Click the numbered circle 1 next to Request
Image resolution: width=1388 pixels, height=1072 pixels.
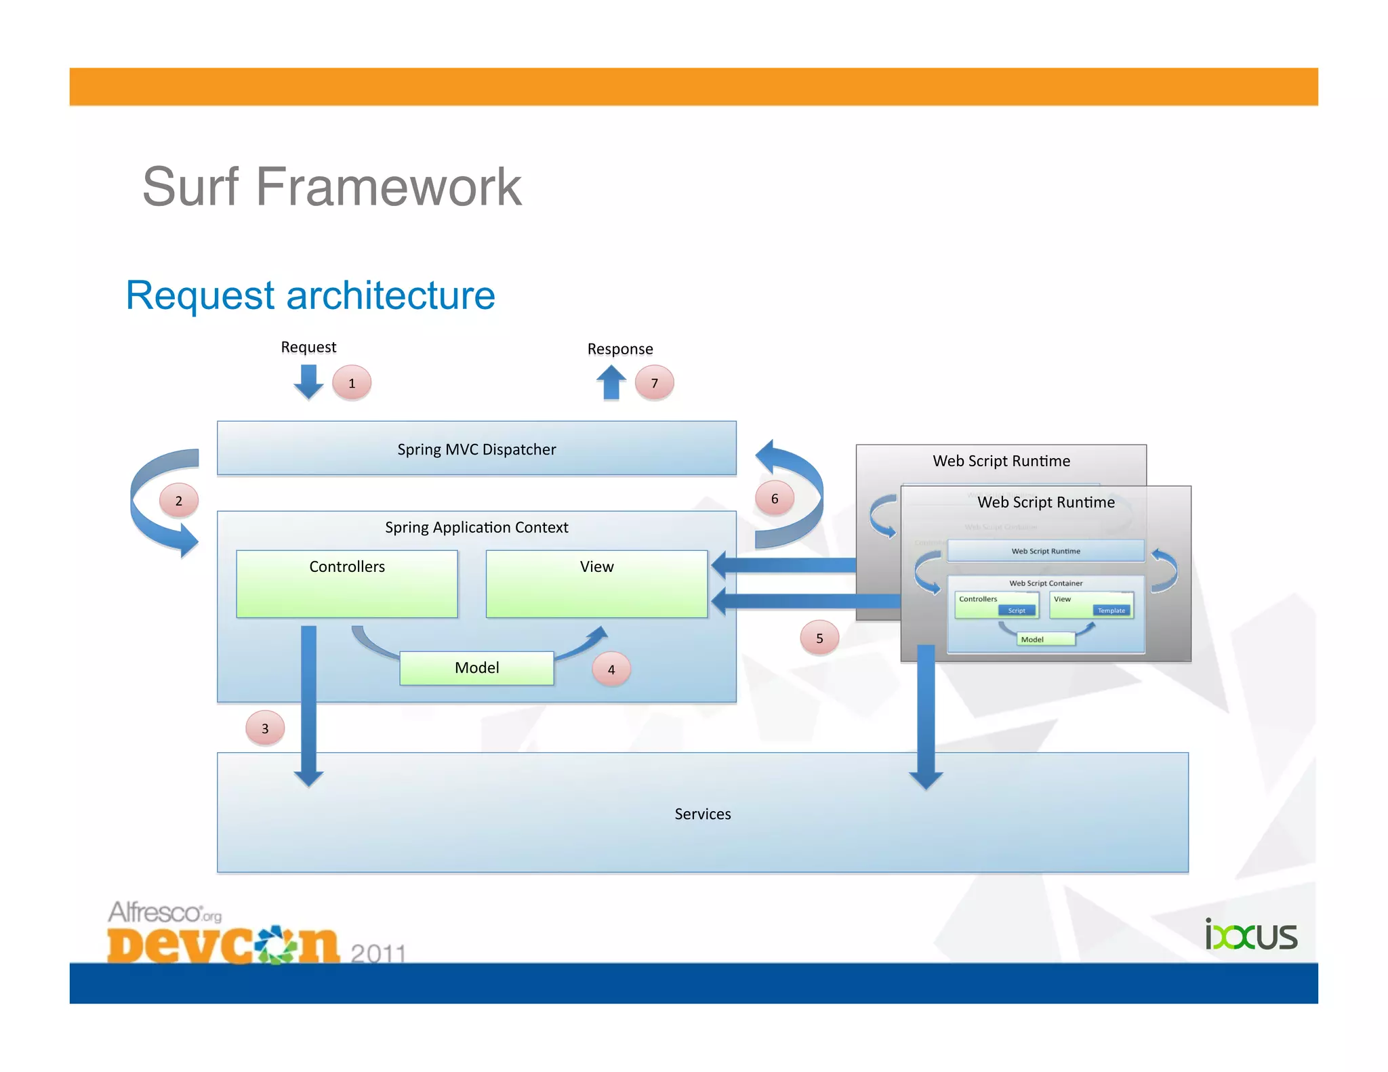[351, 383]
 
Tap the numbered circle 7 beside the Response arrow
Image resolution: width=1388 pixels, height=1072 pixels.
[654, 383]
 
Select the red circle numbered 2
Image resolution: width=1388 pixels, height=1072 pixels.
[179, 501]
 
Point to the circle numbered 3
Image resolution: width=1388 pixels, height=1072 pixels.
[265, 728]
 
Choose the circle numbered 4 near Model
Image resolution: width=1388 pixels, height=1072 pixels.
[611, 669]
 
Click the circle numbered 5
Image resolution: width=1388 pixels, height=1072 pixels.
[819, 638]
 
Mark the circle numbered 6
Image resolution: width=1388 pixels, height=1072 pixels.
[775, 499]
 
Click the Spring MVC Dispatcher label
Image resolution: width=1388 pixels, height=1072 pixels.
[476, 449]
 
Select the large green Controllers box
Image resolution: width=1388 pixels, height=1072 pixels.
[347, 583]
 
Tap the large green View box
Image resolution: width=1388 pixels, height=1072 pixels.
[596, 583]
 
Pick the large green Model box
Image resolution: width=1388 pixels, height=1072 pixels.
[476, 668]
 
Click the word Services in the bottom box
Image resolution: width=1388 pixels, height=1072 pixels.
[702, 814]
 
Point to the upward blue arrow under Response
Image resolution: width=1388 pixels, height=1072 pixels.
[611, 383]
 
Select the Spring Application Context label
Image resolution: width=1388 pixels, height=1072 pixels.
[476, 527]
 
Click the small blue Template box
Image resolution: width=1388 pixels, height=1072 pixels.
[1111, 611]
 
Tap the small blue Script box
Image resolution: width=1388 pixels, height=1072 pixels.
[1017, 611]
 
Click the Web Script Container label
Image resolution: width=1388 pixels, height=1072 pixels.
[1046, 583]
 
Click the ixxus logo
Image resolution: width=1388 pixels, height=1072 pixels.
[1250, 936]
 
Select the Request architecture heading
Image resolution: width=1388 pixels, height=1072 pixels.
[310, 295]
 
